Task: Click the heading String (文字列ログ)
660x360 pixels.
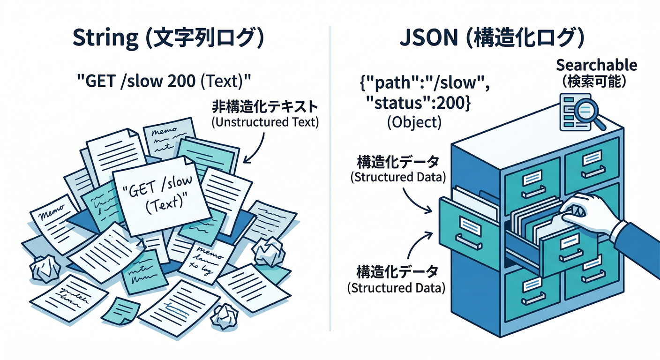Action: pyautogui.click(x=167, y=39)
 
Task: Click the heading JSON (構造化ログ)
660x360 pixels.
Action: pyautogui.click(x=492, y=39)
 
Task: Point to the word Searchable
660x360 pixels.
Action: pyautogui.click(x=596, y=65)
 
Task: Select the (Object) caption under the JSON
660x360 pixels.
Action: pyautogui.click(x=414, y=122)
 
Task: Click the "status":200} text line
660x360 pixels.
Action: pyautogui.click(x=416, y=103)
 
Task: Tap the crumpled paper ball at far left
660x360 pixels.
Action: pyautogui.click(x=45, y=269)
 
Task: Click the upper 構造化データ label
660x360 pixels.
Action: pyautogui.click(x=398, y=162)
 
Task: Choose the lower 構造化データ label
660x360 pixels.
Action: pyautogui.click(x=397, y=272)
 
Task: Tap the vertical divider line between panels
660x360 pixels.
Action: pyautogui.click(x=330, y=187)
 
